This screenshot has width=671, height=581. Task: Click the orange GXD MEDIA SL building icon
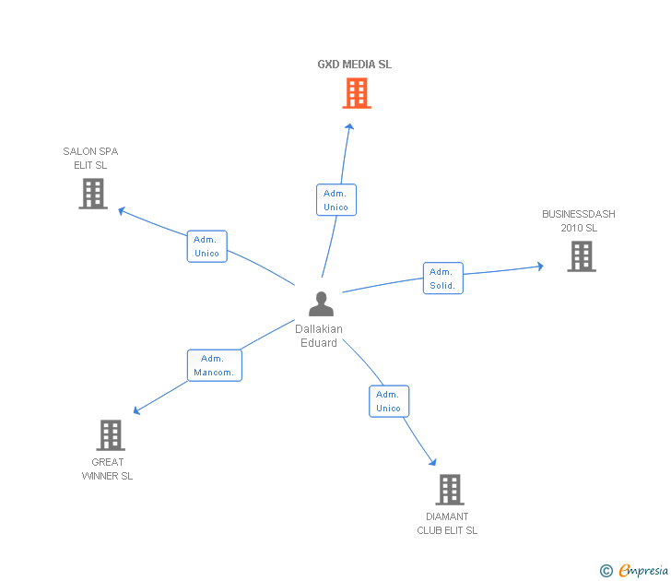point(357,93)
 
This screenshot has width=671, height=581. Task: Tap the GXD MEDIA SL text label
point(355,65)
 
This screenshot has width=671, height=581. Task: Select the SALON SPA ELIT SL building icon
point(93,194)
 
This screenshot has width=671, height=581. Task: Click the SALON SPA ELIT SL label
point(90,158)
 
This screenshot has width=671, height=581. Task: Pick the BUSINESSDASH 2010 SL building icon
point(581,256)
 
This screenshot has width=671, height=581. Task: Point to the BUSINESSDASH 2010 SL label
point(579,220)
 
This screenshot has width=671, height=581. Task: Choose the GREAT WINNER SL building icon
point(111,435)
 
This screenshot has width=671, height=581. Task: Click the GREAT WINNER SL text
point(108,468)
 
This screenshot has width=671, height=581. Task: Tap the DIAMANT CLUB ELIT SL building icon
point(449,490)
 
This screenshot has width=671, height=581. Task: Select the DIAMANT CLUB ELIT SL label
point(447,523)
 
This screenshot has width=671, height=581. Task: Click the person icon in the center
point(320,304)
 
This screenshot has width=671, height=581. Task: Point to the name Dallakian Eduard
point(319,336)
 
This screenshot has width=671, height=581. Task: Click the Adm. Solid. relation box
point(442,279)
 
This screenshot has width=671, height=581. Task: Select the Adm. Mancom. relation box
point(214,365)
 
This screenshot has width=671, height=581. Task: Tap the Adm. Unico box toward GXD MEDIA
point(335,199)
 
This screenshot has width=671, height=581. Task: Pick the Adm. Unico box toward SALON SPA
point(206,246)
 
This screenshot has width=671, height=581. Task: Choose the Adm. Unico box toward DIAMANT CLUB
point(388,401)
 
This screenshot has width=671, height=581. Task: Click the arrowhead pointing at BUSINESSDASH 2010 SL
point(540,267)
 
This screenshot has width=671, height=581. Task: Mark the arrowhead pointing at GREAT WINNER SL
point(137,410)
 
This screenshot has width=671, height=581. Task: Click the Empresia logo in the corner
point(634,571)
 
